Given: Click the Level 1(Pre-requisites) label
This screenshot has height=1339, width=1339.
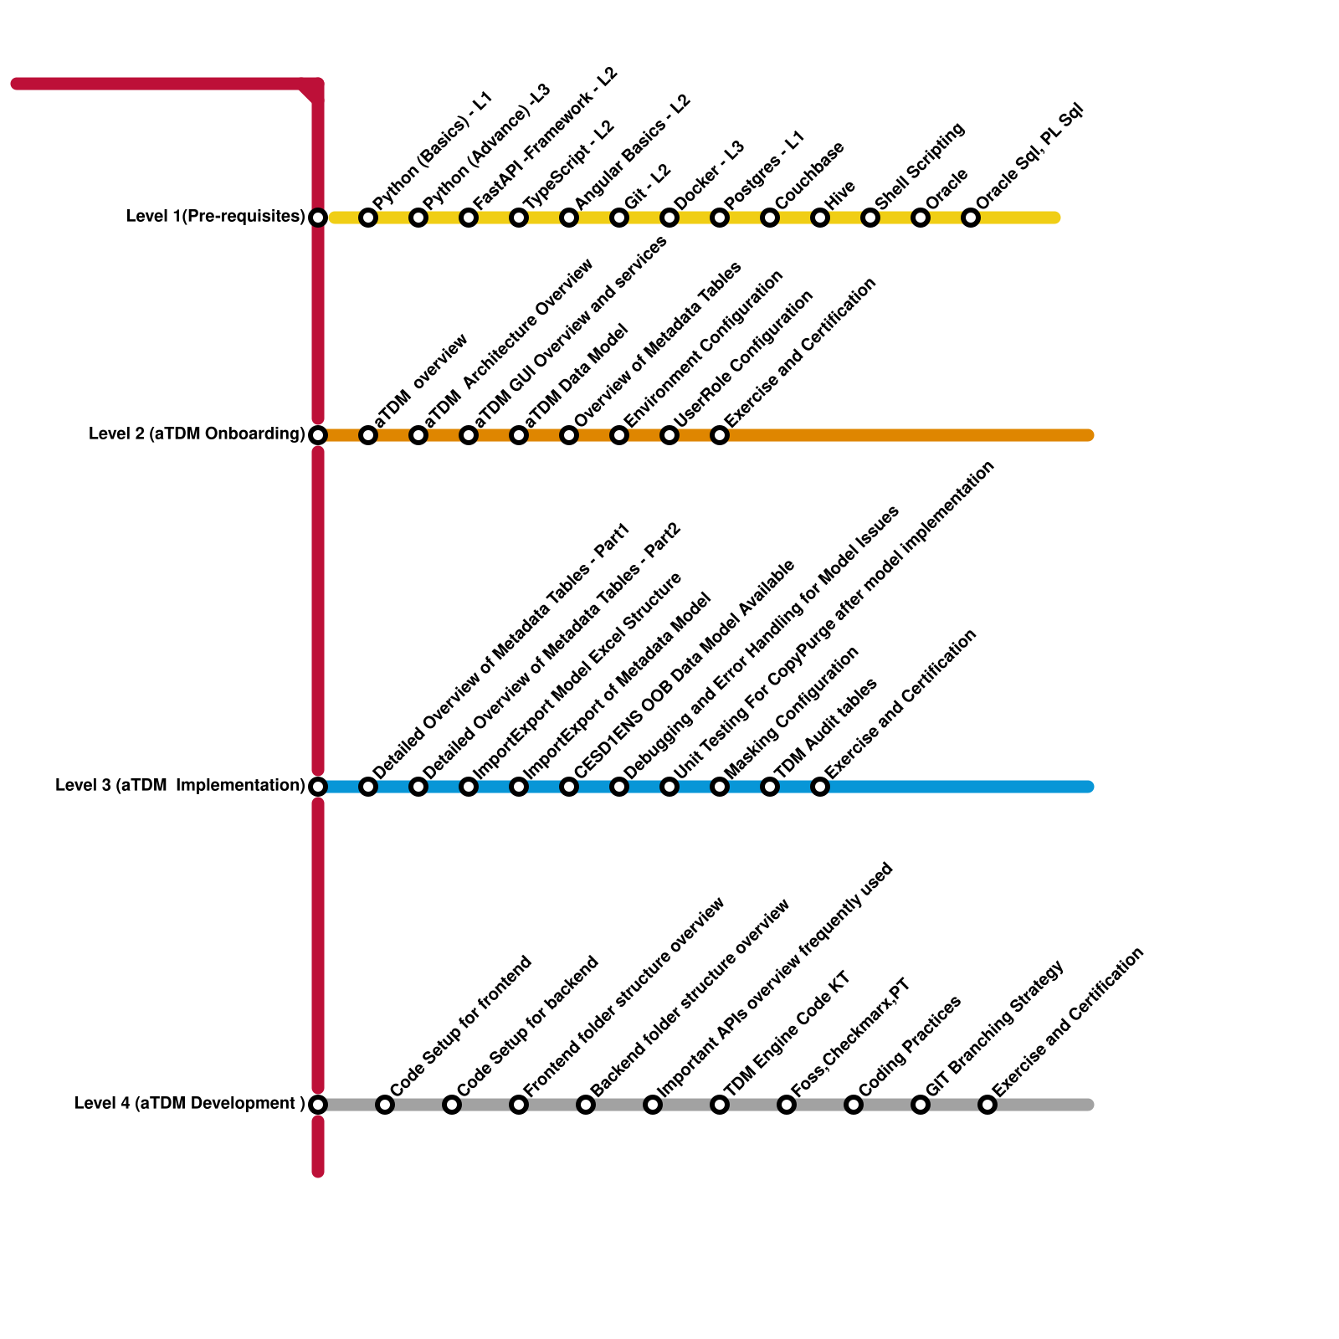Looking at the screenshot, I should point(215,217).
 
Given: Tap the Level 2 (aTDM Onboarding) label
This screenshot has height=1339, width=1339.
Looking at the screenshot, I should point(197,434).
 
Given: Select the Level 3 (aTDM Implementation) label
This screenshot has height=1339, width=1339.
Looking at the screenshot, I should point(180,786).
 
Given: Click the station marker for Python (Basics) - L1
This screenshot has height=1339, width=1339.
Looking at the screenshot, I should point(368,218).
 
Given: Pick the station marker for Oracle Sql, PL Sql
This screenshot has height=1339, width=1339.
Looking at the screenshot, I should point(971,218).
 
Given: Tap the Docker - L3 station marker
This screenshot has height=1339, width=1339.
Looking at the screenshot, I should point(669,218).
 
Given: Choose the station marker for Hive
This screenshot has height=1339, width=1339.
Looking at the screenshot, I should point(820,218).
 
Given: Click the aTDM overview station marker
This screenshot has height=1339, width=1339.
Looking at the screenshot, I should point(368,435).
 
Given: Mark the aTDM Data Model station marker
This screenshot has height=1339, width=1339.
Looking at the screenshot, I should point(519,435).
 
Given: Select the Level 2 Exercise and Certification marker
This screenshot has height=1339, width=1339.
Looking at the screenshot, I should point(720,435).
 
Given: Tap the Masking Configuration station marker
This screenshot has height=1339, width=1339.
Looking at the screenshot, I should point(720,787).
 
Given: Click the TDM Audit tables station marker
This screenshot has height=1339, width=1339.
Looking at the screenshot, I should point(770,787).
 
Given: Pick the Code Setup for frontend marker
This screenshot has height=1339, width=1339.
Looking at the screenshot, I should point(385,1105).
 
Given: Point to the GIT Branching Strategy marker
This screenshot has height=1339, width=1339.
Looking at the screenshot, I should point(921,1105).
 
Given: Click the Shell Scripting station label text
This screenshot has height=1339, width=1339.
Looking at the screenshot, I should point(921,166).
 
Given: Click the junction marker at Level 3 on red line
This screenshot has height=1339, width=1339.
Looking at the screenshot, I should point(318,787).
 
